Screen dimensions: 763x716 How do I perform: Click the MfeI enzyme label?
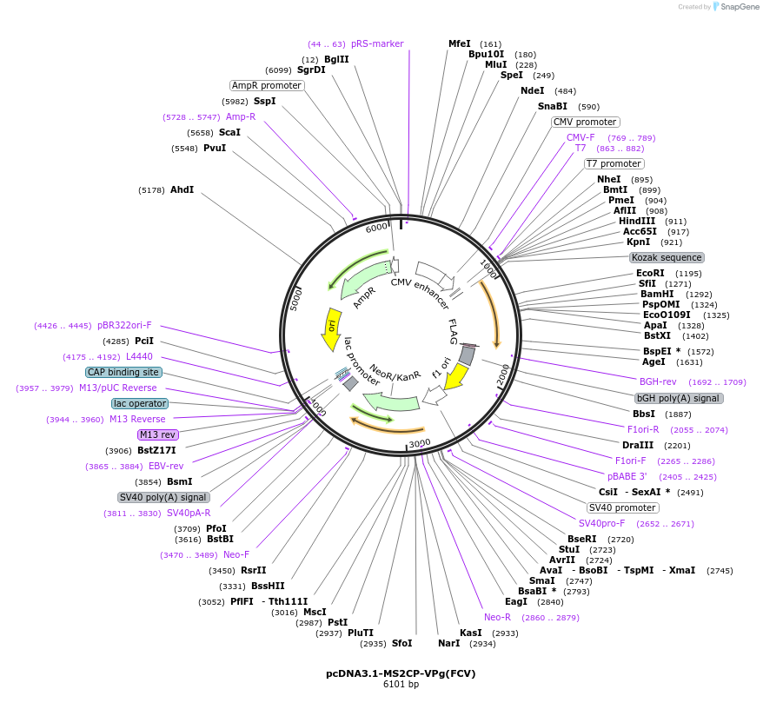click(x=459, y=43)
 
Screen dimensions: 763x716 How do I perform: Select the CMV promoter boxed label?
click(x=585, y=122)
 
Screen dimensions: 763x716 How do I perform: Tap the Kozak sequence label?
click(x=667, y=257)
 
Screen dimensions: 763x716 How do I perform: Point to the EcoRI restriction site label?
click(x=650, y=273)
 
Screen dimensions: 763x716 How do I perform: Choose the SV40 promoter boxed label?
click(x=622, y=507)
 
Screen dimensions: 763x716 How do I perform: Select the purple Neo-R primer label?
click(x=497, y=617)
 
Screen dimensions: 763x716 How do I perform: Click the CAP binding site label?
click(x=123, y=372)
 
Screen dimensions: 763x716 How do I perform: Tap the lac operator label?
click(x=140, y=403)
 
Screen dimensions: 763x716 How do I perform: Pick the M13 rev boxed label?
click(x=157, y=434)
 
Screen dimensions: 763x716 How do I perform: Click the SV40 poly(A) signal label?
click(x=163, y=497)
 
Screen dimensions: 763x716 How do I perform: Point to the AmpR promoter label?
click(x=267, y=85)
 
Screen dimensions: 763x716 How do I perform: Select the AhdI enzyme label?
click(x=182, y=189)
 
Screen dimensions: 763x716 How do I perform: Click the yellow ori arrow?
click(x=331, y=328)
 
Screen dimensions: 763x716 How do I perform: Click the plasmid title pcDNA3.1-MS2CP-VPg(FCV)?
click(x=401, y=673)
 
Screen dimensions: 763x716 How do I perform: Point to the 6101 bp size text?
click(x=401, y=685)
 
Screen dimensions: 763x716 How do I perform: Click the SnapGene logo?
click(x=733, y=7)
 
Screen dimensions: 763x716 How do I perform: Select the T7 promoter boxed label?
click(x=614, y=163)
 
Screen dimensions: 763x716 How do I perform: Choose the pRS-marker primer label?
click(x=377, y=43)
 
